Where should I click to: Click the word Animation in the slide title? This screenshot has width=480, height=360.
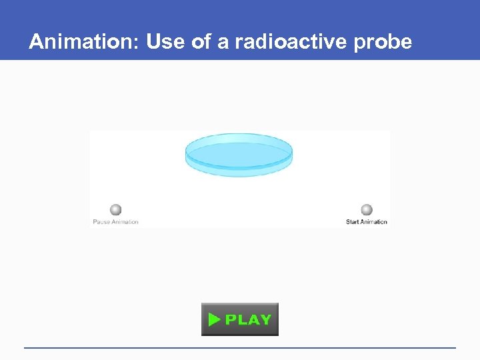click(82, 42)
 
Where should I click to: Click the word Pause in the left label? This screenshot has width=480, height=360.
click(101, 222)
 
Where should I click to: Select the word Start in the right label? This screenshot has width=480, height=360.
click(353, 222)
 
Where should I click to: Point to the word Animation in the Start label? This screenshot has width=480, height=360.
click(374, 222)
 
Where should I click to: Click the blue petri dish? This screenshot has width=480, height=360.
click(239, 155)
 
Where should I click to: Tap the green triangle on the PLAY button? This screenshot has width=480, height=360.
click(213, 320)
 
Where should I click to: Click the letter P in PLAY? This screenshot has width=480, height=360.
click(231, 320)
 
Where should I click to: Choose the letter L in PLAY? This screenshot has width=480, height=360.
click(242, 320)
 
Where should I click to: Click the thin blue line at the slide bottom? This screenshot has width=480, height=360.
click(240, 347)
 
